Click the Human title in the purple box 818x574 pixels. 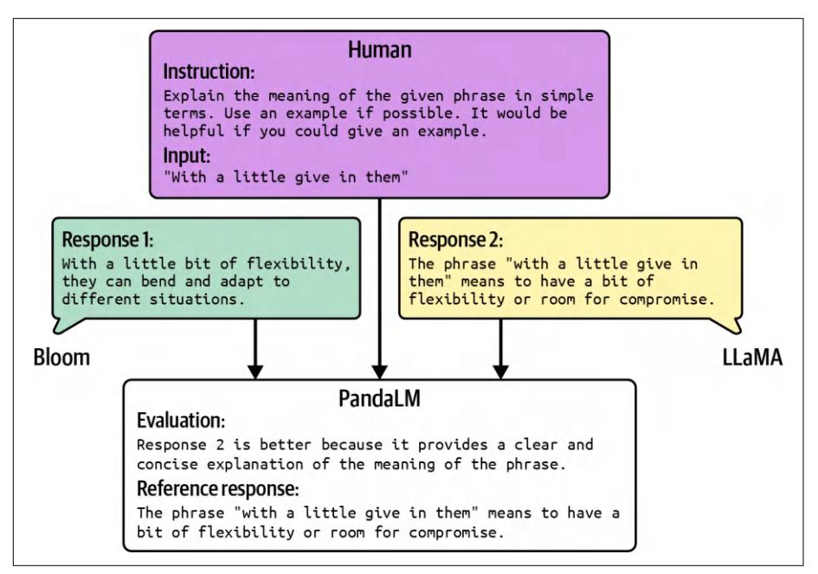point(380,51)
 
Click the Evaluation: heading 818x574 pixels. point(181,422)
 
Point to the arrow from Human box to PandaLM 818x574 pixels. point(379,286)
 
